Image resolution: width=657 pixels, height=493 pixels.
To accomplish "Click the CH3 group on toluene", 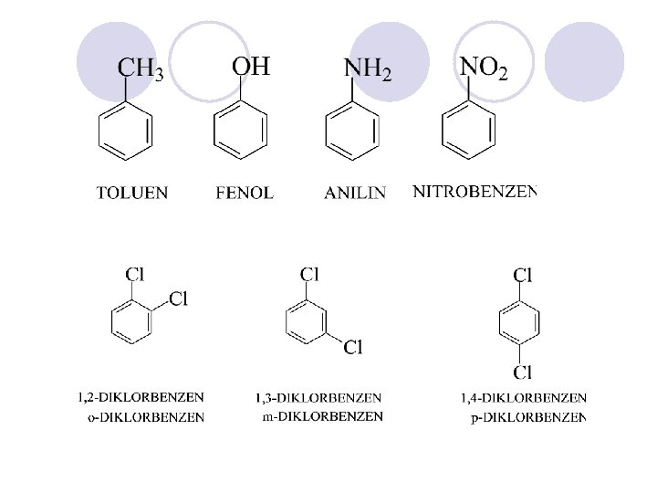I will pos(141,69).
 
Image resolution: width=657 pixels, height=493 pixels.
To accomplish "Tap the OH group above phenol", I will pos(251,66).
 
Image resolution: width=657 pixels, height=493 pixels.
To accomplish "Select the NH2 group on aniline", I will pos(368,69).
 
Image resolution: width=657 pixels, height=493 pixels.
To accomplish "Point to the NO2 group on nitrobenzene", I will pos(484,67).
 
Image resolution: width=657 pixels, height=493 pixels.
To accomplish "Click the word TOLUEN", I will pos(132,193).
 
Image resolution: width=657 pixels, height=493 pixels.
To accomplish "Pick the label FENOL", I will pos(245,193).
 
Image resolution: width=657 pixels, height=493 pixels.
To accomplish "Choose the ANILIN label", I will pos(355,193).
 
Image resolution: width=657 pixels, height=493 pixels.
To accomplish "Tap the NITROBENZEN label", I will pos(474,192).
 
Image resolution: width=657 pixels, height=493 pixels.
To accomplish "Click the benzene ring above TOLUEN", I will pos(125,132).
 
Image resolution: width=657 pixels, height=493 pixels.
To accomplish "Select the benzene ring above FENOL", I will pos(241,132).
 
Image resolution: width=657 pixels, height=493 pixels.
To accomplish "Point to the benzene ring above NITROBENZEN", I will pos(469,132).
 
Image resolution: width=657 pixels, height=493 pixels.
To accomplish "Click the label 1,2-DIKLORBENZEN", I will pos(141,397).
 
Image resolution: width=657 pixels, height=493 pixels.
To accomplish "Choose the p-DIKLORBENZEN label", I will pos(527,418).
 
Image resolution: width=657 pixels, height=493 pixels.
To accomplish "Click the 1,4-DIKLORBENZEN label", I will pos(524,397).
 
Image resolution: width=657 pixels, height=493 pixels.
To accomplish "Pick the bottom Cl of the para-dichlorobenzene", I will pos(523,372).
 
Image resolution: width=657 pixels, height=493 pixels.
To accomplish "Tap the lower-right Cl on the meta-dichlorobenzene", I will pos(353,346).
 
